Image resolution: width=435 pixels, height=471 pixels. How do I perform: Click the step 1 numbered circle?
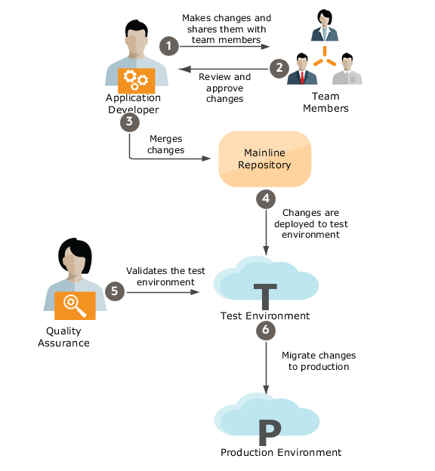(x=169, y=46)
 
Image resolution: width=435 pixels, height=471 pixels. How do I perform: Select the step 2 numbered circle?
(x=279, y=67)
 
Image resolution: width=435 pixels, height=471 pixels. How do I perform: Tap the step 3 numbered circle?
(x=130, y=121)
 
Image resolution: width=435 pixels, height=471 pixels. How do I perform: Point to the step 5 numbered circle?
(x=115, y=291)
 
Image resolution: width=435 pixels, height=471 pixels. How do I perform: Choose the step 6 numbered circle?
(x=265, y=330)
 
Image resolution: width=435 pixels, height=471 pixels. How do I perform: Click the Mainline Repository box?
(x=265, y=159)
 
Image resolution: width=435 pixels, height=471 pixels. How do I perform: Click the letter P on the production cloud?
(x=270, y=433)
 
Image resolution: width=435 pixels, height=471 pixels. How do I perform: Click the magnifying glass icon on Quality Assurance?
(x=75, y=304)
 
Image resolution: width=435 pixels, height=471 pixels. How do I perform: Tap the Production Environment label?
(x=280, y=453)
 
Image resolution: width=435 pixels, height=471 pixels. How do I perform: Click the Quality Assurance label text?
(x=68, y=337)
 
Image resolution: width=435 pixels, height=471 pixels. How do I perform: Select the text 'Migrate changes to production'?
(x=318, y=361)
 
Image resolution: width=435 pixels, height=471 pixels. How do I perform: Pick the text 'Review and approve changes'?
(x=224, y=88)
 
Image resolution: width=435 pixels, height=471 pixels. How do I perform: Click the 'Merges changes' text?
(x=167, y=144)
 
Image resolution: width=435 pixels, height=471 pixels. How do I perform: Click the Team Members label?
(x=325, y=102)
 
